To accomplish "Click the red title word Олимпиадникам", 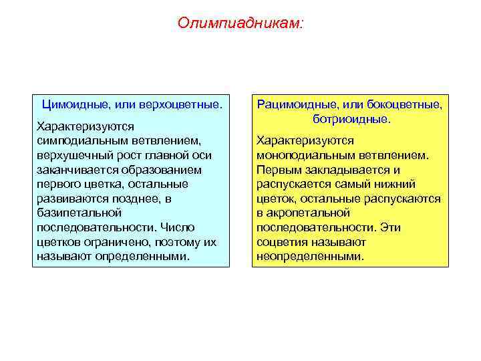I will (x=240, y=23).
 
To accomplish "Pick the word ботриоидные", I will (x=351, y=119).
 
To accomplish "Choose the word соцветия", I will (x=282, y=242).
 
